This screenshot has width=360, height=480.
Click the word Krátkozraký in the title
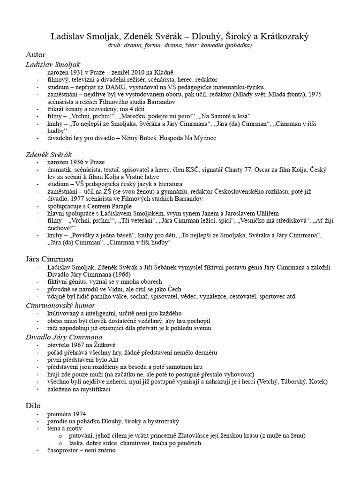coord(282,37)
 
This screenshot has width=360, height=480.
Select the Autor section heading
coord(36,55)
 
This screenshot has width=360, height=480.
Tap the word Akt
coord(114,360)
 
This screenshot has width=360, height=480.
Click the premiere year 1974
coord(78,414)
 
